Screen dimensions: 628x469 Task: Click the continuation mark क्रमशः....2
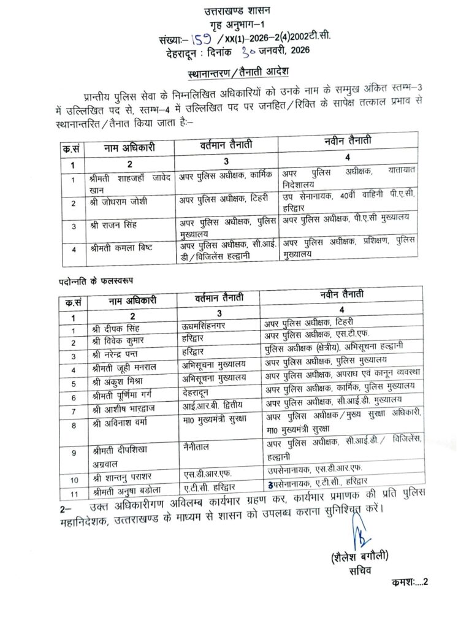[408, 583]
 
